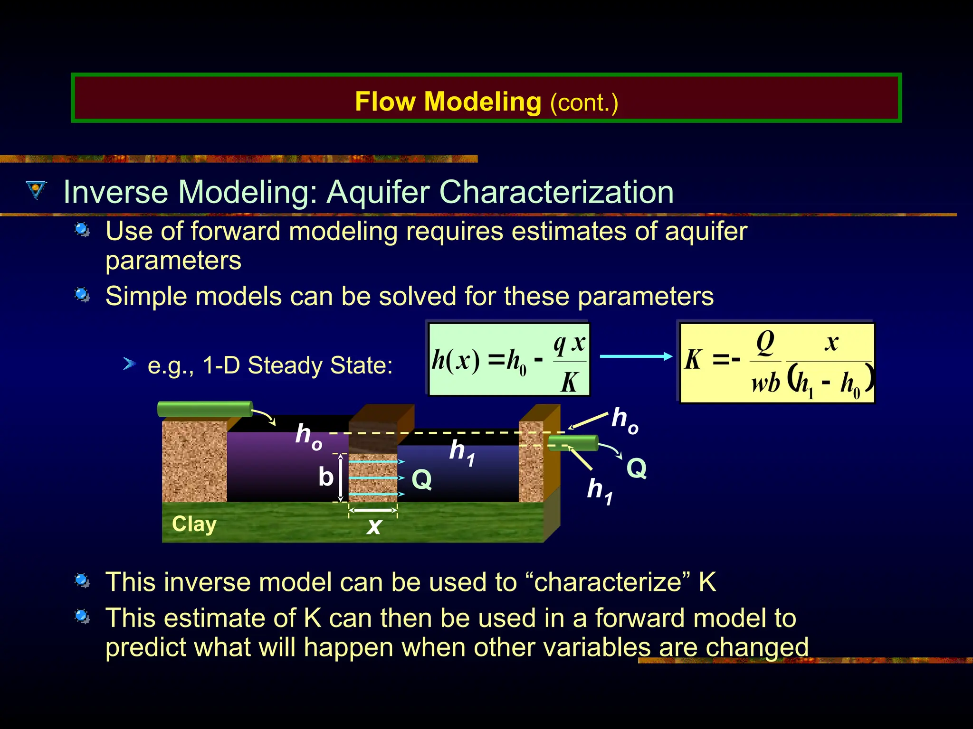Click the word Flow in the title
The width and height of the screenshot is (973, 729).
point(385,102)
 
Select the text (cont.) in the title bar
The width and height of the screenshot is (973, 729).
point(584,103)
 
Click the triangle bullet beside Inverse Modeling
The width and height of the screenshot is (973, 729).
point(36,190)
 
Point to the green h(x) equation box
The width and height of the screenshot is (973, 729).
point(509,359)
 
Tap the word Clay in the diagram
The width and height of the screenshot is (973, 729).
point(194,524)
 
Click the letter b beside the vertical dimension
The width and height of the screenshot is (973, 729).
point(325,477)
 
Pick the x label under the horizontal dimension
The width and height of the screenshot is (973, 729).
point(374,526)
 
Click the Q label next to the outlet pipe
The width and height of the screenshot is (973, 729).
point(636,468)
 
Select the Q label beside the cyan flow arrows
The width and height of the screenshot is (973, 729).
point(421,479)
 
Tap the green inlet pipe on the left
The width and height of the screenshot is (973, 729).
point(204,409)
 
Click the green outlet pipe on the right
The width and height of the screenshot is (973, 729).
point(573,443)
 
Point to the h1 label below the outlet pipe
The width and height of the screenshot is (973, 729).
point(600,491)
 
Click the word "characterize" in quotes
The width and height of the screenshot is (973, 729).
point(608,582)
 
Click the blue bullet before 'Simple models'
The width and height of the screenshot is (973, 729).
point(82,295)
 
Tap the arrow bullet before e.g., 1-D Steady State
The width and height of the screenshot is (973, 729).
point(129,364)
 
